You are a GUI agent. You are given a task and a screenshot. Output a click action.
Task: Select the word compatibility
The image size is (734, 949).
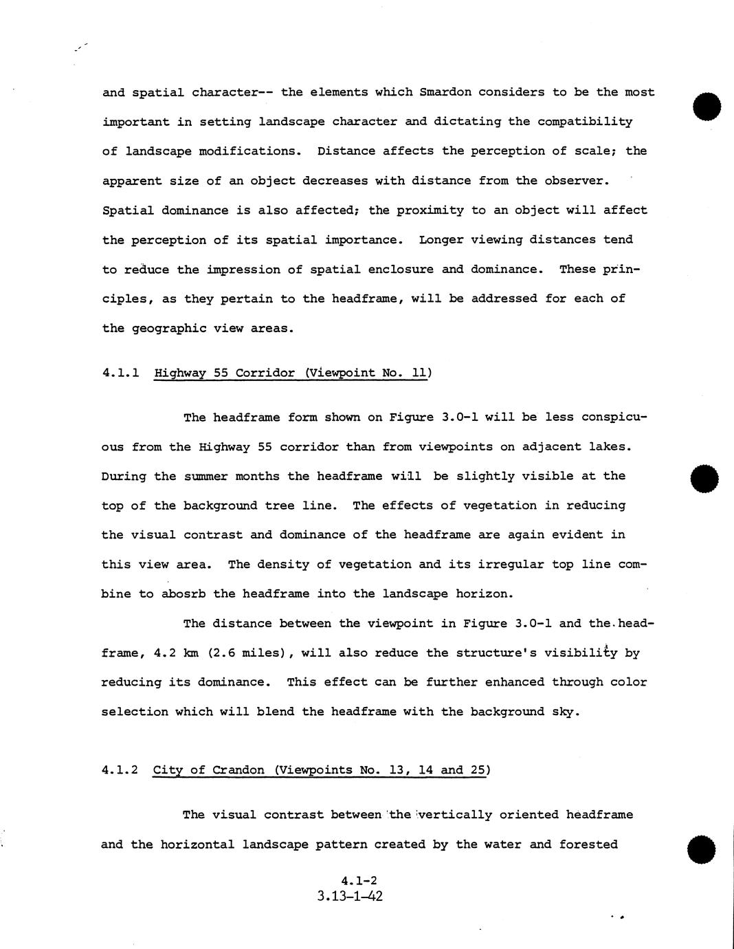click(585, 122)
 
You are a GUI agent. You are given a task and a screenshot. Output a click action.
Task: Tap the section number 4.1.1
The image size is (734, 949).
click(121, 373)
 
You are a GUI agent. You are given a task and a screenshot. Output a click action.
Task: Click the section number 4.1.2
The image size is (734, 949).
click(120, 770)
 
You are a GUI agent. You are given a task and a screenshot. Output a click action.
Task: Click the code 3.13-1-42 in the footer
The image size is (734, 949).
click(350, 897)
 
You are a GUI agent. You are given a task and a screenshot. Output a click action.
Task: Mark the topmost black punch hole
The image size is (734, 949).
click(707, 108)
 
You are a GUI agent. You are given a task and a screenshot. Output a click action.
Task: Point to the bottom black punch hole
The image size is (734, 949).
click(702, 850)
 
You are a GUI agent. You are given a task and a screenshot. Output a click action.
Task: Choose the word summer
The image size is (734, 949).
click(206, 477)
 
